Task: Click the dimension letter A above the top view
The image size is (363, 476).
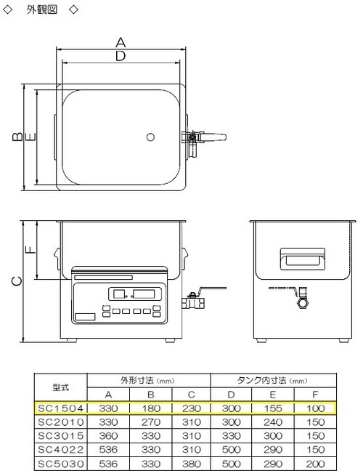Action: coord(121,42)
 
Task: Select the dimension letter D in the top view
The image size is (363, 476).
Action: coord(121,56)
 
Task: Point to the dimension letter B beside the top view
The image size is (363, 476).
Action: coord(17,137)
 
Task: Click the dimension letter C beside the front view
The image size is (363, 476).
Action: coord(17,281)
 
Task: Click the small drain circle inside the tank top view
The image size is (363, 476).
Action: coord(150,137)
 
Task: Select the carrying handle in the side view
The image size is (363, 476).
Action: coord(302,259)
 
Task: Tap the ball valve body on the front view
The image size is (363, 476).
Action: coord(193,302)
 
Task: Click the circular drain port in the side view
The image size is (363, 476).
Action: coord(303,303)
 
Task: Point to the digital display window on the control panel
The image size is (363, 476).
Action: coord(134,294)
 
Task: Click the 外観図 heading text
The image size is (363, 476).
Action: coord(42,9)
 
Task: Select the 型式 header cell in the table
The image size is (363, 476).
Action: coord(61,387)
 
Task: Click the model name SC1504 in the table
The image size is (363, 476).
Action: coord(61,408)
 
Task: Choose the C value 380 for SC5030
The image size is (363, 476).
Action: coord(192,464)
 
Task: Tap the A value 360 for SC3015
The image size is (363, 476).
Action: coord(108,435)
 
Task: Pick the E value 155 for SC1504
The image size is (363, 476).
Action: coord(273,408)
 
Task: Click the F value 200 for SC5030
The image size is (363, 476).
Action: coord(315,464)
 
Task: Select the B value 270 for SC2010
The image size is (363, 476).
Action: coord(151,422)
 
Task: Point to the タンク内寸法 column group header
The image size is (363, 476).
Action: coord(261,380)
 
